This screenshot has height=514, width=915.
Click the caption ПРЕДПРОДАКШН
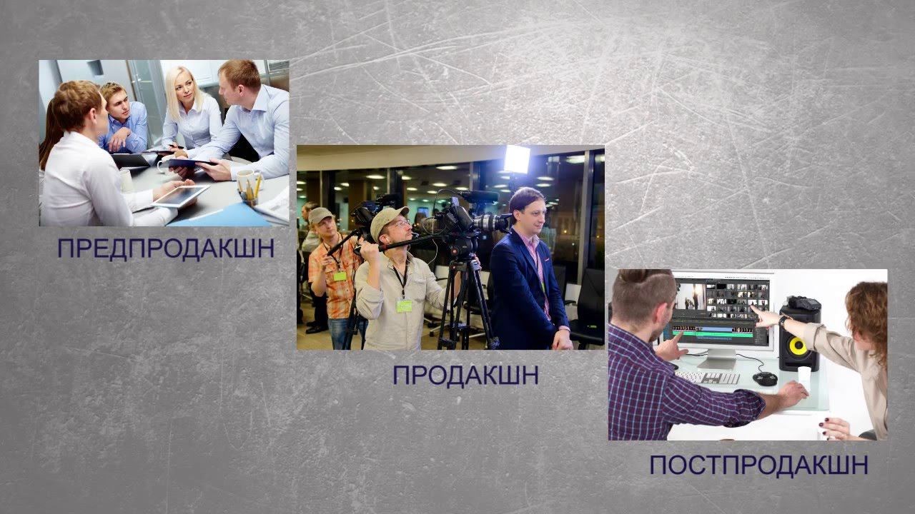coord(165,249)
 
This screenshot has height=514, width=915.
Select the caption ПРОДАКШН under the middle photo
coord(465,376)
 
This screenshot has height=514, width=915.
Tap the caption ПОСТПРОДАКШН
coord(758,465)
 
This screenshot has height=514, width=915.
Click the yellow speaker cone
coord(798,347)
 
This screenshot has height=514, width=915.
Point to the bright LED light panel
coord(516,159)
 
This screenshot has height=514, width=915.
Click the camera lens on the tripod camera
coord(493,223)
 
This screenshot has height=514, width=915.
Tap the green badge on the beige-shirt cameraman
coord(404,306)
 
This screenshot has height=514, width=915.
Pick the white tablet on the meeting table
coord(181,194)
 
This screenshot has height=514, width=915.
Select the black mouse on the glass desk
coord(766,378)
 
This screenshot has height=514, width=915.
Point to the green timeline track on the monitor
coord(708,331)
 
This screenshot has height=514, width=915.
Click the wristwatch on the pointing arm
coord(783,321)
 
